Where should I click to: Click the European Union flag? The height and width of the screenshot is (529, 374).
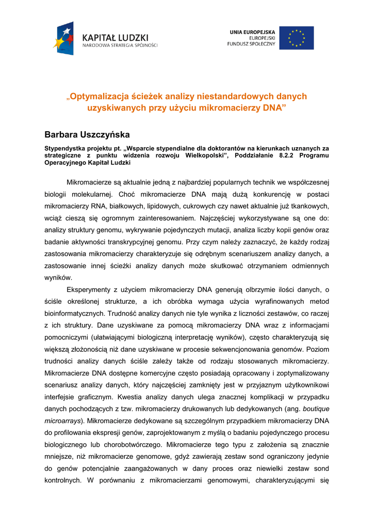point(296,38)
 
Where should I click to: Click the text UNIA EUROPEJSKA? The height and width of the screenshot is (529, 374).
point(252,32)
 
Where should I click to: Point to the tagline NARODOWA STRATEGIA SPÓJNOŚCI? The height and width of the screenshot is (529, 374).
point(120,45)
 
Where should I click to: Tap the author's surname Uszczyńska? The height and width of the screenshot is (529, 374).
point(105,135)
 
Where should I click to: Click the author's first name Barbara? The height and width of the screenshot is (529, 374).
point(60,135)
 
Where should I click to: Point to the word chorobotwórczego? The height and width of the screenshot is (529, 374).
point(130,444)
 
